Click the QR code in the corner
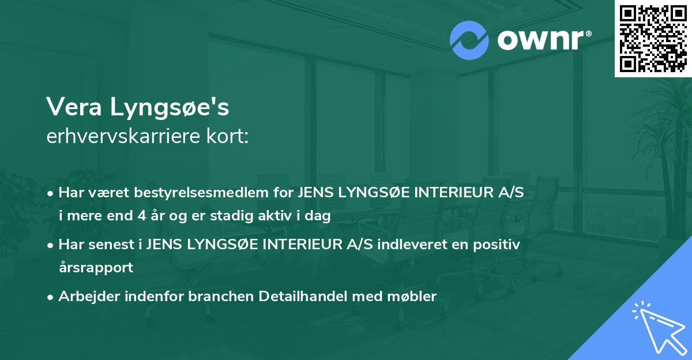point(653,39)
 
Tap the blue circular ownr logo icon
point(469,40)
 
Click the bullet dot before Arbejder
point(51,297)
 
